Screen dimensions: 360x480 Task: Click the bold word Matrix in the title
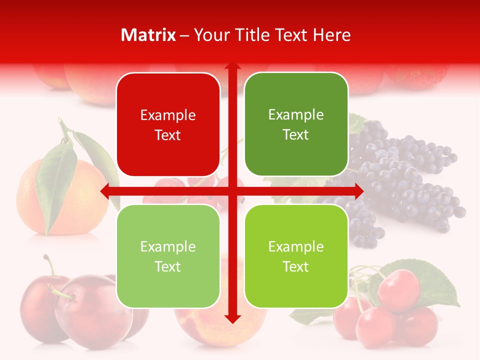click(x=148, y=35)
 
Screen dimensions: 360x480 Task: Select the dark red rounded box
click(x=168, y=124)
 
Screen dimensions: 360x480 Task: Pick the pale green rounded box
click(x=168, y=256)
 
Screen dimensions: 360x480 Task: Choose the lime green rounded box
click(x=296, y=256)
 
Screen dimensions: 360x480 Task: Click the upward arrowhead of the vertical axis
click(x=232, y=66)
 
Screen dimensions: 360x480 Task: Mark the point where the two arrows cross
click(x=232, y=190)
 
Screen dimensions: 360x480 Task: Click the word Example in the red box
click(x=168, y=115)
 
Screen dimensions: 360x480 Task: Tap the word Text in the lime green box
click(x=296, y=266)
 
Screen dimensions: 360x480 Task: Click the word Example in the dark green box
click(x=296, y=114)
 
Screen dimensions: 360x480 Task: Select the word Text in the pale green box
click(x=168, y=266)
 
